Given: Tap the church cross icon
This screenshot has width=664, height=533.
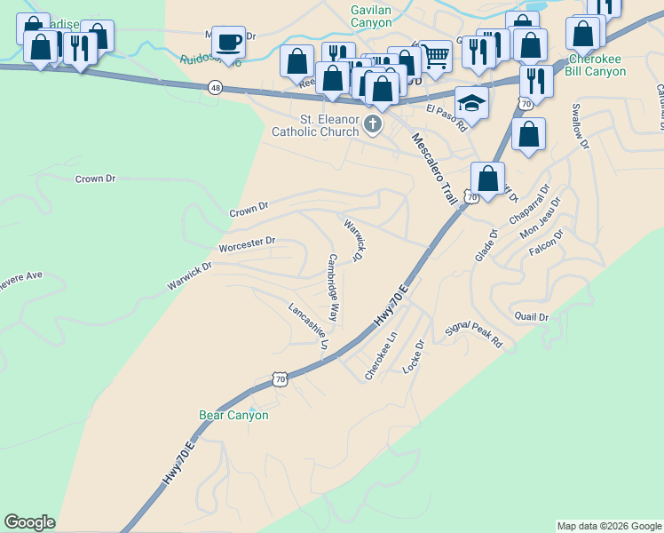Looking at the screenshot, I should pyautogui.click(x=374, y=124).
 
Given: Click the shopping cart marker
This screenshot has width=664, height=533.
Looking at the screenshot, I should pyautogui.click(x=434, y=57).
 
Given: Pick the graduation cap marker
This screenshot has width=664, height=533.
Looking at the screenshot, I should pyautogui.click(x=472, y=103).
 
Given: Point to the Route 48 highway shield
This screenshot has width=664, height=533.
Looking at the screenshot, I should pyautogui.click(x=216, y=87).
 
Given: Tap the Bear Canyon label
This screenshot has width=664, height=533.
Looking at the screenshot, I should pyautogui.click(x=233, y=415).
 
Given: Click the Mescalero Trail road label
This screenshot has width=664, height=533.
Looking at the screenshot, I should pyautogui.click(x=434, y=168).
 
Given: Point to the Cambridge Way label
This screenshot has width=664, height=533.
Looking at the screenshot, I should pyautogui.click(x=333, y=288).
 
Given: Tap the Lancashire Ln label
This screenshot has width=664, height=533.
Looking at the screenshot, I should pyautogui.click(x=309, y=325).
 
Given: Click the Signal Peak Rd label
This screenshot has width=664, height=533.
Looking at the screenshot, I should pyautogui.click(x=474, y=335).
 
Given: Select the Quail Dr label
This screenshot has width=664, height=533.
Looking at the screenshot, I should pyautogui.click(x=532, y=317).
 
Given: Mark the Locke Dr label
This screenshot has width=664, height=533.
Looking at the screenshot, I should pyautogui.click(x=414, y=354).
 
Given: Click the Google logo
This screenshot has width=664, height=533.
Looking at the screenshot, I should pyautogui.click(x=29, y=522).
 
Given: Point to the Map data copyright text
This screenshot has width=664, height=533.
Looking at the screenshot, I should pyautogui.click(x=608, y=526).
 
